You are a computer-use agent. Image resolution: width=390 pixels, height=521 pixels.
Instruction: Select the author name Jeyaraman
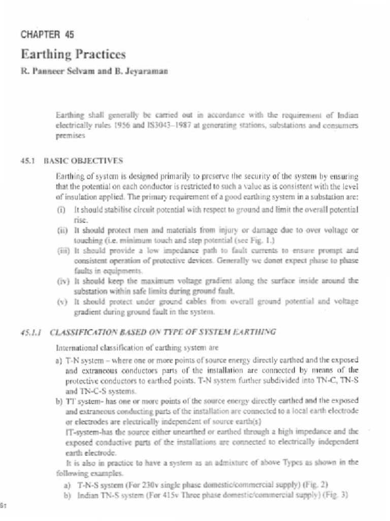tap(147, 72)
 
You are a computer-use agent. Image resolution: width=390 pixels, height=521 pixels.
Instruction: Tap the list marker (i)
tap(62, 210)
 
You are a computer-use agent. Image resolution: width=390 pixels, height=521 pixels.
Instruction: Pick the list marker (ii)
tap(62, 229)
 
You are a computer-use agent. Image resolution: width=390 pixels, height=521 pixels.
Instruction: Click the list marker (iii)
tap(63, 250)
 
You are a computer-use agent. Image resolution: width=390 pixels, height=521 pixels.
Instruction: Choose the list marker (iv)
tap(63, 280)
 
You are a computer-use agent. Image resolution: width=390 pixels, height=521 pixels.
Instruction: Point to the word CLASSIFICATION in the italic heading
tap(81, 332)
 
